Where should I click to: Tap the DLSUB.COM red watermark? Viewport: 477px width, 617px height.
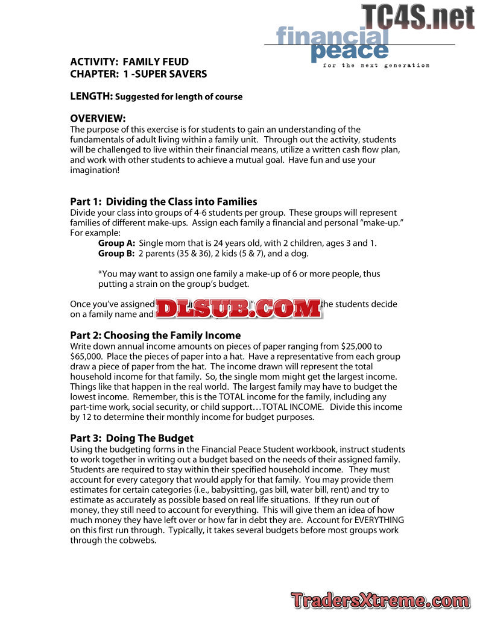239,308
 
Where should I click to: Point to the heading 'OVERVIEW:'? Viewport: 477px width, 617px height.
98,118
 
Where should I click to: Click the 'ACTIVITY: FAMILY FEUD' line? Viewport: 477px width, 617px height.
129,61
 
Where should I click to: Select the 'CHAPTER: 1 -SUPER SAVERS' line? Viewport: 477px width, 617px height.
138,74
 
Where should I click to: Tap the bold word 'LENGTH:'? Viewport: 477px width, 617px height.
91,96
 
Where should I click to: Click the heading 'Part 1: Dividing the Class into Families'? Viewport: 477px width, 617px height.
163,201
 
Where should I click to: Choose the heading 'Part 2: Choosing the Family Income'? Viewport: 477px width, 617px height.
155,335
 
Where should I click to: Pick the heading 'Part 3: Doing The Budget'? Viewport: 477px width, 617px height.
131,438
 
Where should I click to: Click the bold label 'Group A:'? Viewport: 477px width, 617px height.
116,243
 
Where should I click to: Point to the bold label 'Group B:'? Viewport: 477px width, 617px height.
116,253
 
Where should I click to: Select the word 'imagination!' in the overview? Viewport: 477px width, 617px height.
95,171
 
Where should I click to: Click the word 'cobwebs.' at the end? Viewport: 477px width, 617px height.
139,540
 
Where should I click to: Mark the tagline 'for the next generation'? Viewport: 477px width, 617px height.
376,65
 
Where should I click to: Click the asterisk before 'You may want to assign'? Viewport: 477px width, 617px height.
100,274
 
